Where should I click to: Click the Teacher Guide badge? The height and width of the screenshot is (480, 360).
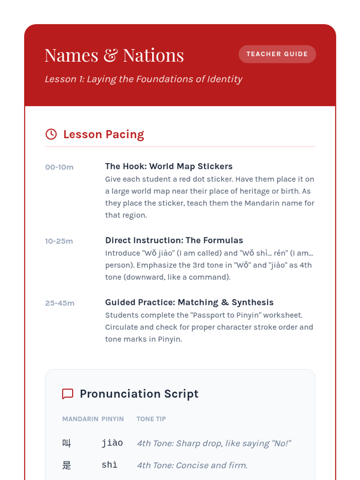click(x=277, y=54)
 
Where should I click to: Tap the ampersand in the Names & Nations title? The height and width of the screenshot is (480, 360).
click(x=111, y=55)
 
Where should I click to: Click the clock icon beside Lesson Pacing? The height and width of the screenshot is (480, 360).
click(x=51, y=134)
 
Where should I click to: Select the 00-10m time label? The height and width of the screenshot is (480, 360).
click(x=59, y=167)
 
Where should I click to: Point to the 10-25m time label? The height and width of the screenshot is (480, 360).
click(x=59, y=241)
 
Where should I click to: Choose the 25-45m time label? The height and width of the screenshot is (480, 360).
click(x=60, y=303)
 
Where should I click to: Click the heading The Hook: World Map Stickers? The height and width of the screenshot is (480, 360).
click(x=169, y=166)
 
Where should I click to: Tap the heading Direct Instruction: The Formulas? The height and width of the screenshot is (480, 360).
click(x=174, y=240)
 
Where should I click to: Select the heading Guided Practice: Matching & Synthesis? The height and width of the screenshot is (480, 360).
click(x=189, y=302)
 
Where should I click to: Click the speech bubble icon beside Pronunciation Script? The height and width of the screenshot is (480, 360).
click(x=67, y=394)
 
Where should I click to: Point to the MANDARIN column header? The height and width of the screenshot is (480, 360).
click(x=80, y=419)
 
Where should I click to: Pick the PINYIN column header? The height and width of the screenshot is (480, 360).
click(x=112, y=419)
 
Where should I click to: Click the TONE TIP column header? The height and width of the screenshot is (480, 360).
click(x=151, y=419)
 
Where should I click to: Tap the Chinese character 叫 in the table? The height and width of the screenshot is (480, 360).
click(x=66, y=443)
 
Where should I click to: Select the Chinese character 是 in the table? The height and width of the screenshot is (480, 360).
click(x=66, y=465)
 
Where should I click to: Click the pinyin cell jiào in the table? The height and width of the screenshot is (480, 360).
click(x=112, y=443)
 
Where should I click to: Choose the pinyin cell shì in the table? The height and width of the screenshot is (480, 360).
click(x=109, y=465)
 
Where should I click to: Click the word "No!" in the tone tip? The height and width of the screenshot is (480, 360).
click(x=281, y=443)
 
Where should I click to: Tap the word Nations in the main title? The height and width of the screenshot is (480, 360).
click(x=153, y=55)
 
